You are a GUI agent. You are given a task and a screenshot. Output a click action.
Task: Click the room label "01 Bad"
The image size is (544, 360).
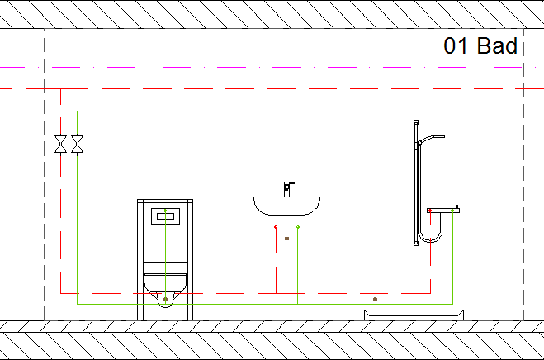(480, 45)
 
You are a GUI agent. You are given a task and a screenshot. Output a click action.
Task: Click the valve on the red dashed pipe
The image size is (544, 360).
(61, 144)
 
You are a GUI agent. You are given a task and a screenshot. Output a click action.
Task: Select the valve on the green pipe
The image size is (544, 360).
(77, 144)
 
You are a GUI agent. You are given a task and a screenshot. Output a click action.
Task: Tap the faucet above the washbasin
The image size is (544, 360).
(288, 189)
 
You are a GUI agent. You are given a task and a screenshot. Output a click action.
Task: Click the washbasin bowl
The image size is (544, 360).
(287, 206)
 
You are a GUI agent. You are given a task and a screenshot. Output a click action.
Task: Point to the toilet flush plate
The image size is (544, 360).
(165, 216)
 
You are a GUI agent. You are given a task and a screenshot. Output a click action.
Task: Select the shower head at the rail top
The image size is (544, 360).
(433, 139)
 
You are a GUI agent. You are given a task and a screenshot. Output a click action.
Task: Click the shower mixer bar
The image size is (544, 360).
(443, 211)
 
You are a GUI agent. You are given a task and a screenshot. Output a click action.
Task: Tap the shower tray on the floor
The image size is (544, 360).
(414, 315)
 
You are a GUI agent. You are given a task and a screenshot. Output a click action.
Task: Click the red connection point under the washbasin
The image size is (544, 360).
(276, 227)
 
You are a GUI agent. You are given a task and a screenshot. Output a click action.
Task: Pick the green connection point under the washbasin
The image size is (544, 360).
(298, 227)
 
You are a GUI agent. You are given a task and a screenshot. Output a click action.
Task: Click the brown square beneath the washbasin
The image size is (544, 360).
(287, 239)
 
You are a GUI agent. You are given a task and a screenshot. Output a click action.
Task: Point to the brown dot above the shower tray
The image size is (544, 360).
(375, 299)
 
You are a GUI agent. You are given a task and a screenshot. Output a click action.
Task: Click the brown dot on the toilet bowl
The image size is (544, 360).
(165, 299)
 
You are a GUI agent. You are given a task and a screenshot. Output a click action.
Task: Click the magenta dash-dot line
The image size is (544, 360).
(261, 68)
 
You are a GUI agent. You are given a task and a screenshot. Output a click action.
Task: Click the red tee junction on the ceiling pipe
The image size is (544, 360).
(61, 89)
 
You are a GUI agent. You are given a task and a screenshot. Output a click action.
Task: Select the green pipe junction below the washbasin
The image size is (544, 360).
(298, 304)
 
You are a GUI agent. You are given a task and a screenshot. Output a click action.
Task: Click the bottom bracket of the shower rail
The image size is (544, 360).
(416, 244)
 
